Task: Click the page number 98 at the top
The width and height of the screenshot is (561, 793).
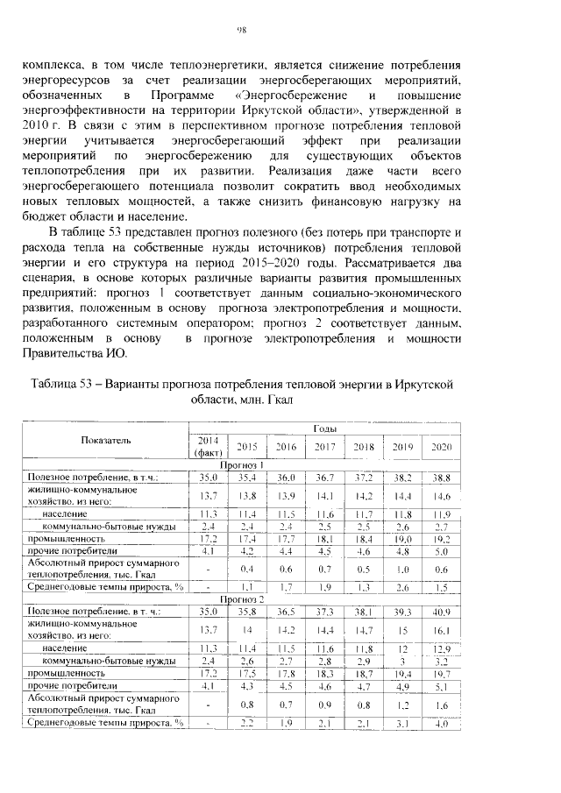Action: click(243, 31)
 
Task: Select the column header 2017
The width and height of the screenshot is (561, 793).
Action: click(324, 447)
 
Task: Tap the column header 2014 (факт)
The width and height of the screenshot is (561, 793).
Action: click(208, 446)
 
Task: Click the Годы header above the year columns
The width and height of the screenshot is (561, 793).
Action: click(323, 428)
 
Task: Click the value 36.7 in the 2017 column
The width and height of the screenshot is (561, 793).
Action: click(324, 478)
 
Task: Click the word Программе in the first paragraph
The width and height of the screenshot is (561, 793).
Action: click(179, 96)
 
